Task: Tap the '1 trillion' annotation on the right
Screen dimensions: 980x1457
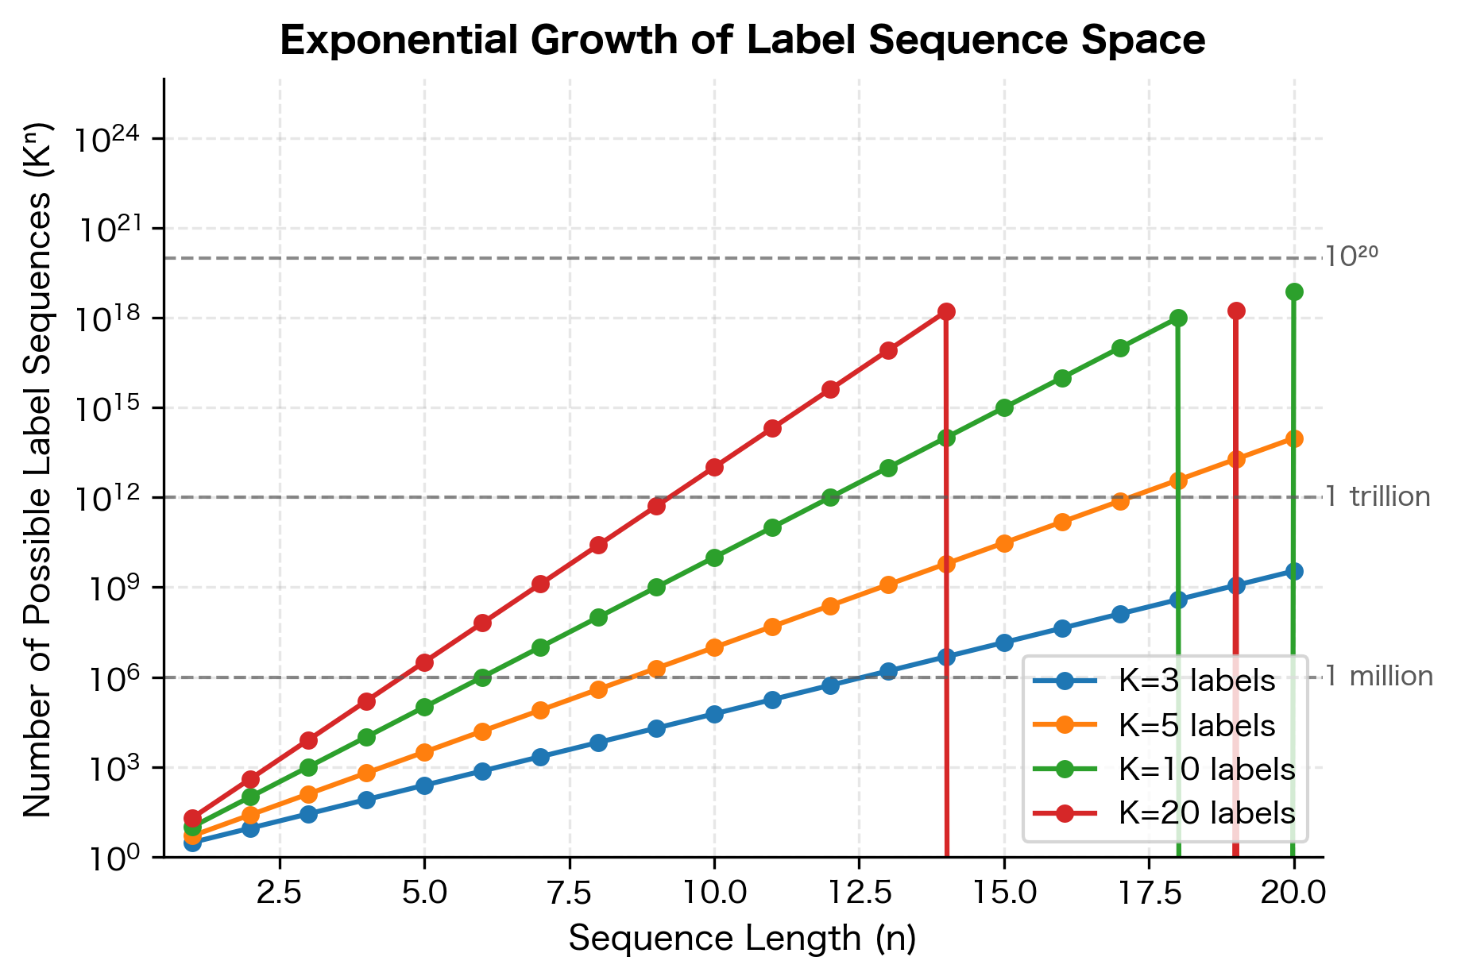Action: [1378, 497]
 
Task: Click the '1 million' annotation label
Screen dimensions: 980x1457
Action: [1380, 677]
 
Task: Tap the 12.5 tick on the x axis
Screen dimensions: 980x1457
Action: [859, 893]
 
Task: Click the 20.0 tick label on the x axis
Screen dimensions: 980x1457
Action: [1294, 893]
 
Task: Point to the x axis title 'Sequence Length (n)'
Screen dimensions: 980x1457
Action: [743, 939]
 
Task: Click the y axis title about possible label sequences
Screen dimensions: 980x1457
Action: [37, 469]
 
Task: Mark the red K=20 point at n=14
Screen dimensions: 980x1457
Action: [946, 311]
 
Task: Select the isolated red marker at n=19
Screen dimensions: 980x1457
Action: [1236, 311]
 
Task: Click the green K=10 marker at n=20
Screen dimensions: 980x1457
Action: [1294, 292]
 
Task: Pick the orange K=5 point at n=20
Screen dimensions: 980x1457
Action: [1294, 438]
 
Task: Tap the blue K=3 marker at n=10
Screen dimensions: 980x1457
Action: [714, 714]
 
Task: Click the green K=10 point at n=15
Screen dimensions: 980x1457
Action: [1004, 407]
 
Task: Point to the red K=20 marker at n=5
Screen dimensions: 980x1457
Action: [424, 662]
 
